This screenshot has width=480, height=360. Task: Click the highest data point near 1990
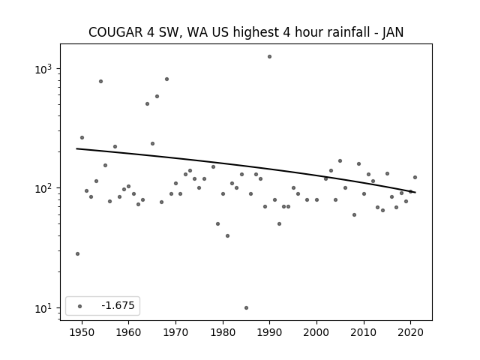click(x=269, y=57)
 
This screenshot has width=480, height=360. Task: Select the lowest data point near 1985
click(x=247, y=308)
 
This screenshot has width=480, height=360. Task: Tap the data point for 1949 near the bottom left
click(x=77, y=253)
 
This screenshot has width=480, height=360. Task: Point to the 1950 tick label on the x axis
click(x=82, y=333)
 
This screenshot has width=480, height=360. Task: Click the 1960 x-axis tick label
click(x=128, y=333)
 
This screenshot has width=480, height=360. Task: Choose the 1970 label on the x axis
click(x=175, y=333)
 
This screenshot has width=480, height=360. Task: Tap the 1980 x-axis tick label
click(x=223, y=333)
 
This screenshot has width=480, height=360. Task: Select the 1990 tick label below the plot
click(x=270, y=333)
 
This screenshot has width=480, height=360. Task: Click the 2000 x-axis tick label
click(x=316, y=333)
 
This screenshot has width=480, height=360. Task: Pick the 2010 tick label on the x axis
click(x=364, y=333)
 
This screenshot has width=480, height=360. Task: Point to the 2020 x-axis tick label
click(x=411, y=333)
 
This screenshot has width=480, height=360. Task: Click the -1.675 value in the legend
click(x=118, y=305)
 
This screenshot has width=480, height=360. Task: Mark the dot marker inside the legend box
click(x=80, y=306)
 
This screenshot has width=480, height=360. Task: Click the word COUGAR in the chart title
click(x=115, y=32)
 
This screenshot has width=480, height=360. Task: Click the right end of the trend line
click(x=415, y=192)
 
